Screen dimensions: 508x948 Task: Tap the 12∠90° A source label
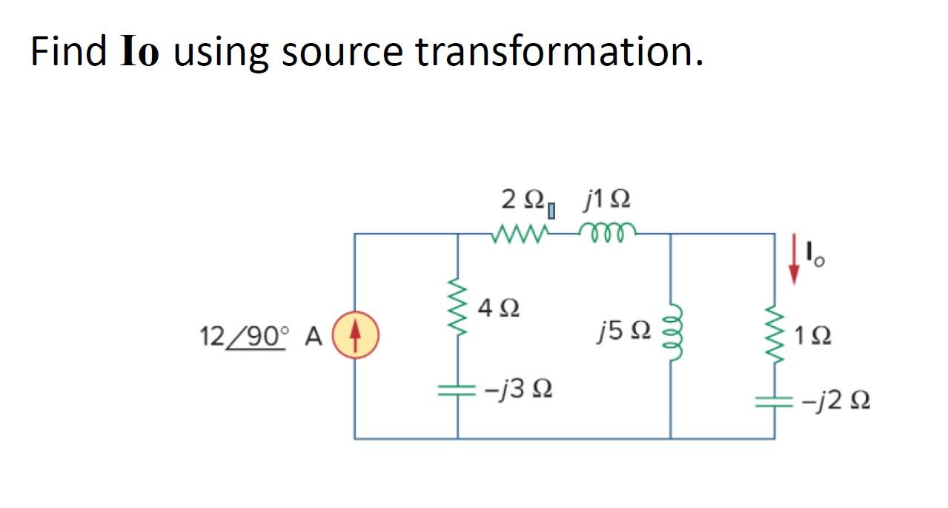click(x=260, y=337)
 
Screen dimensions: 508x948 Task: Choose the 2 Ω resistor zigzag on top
click(x=519, y=234)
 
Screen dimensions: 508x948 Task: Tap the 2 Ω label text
click(x=523, y=199)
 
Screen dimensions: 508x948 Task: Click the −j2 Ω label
click(x=836, y=402)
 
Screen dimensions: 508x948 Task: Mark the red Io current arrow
click(x=795, y=260)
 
